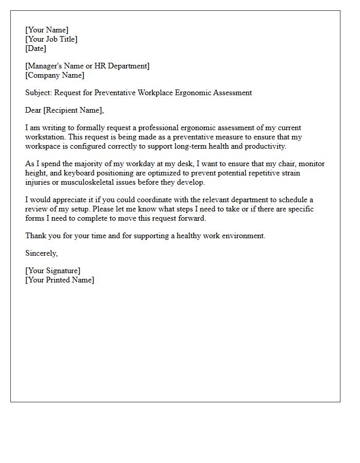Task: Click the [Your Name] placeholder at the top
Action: point(47,30)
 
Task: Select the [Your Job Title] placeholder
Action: point(51,39)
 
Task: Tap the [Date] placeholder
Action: point(35,48)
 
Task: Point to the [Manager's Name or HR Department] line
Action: point(87,66)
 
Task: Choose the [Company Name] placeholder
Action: point(55,75)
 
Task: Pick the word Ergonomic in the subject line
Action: point(195,93)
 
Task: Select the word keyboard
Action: point(80,173)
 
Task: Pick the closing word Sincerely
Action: point(41,253)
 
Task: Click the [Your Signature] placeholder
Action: point(53,271)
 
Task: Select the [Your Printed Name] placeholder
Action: point(60,280)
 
